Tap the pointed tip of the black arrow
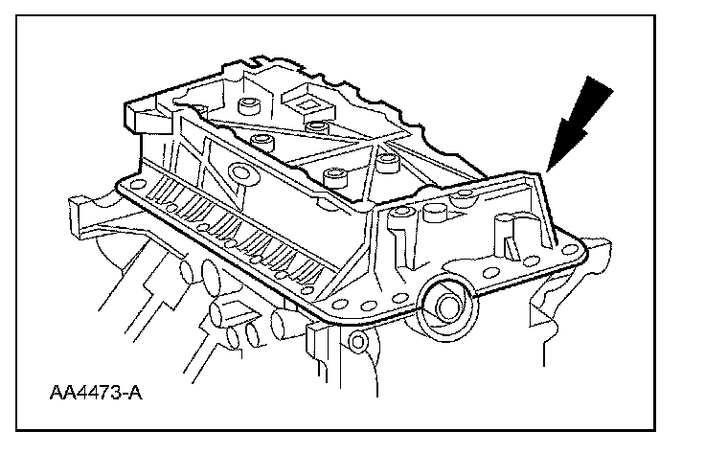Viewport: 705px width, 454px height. click(x=547, y=170)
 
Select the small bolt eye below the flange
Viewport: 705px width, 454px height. click(x=357, y=342)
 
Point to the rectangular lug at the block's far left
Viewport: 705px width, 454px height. click(x=79, y=205)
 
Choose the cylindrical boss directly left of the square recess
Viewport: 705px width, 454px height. click(x=255, y=102)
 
